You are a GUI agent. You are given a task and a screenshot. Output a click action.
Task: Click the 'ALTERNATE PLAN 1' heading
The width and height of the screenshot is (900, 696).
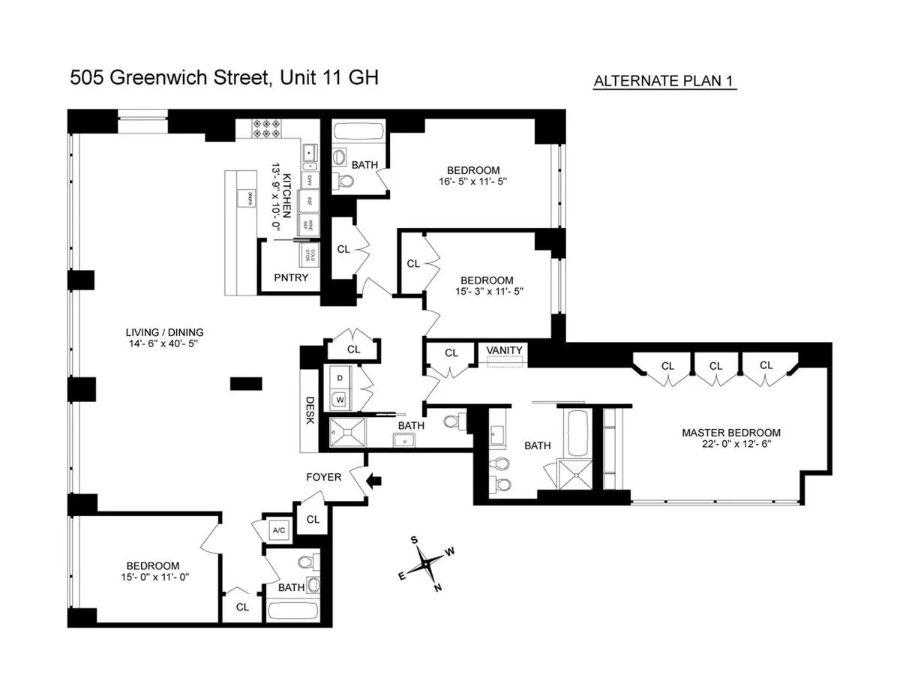point(664,82)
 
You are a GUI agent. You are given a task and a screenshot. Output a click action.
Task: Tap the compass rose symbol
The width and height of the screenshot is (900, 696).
point(426,562)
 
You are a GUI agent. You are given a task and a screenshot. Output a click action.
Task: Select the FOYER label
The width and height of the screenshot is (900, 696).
point(323,477)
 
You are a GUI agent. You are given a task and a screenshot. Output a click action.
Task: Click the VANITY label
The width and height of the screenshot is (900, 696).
point(504,351)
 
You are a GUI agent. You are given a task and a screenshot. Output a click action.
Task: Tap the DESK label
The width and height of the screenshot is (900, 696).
point(309,410)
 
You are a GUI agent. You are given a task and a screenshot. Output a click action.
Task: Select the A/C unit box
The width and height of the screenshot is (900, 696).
point(279,530)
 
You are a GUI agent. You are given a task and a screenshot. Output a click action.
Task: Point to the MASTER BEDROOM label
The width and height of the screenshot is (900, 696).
point(730,433)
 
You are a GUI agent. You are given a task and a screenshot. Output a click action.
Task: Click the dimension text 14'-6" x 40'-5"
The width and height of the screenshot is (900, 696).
point(164,344)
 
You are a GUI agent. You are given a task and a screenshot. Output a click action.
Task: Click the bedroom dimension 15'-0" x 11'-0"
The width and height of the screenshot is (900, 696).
point(152,578)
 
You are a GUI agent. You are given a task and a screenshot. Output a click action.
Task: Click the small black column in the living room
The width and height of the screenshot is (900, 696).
point(246,383)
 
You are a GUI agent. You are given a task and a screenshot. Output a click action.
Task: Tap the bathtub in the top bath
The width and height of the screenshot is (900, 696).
point(359,132)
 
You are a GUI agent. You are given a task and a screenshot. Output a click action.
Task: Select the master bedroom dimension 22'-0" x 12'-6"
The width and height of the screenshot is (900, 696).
point(730,444)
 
